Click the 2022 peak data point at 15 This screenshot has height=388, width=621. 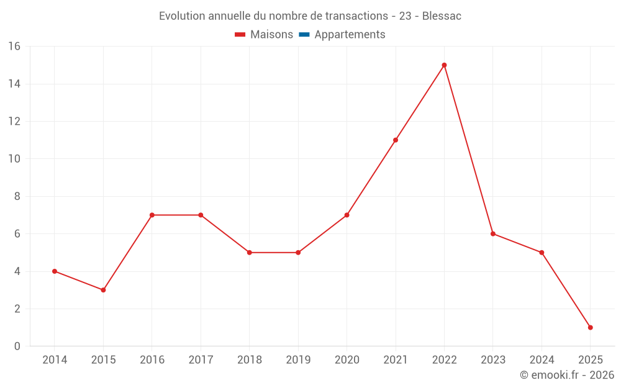pos(444,65)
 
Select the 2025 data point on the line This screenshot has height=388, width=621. pos(590,327)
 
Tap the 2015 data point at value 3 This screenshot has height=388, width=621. pos(103,290)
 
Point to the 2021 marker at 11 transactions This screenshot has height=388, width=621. pos(396,140)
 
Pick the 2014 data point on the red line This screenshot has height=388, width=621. pos(55,271)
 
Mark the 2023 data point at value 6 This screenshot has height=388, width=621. pos(493,233)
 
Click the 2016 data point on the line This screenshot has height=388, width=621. pos(152,215)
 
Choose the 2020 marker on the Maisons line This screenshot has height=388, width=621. pos(347,215)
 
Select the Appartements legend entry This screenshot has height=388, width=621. pos(350,35)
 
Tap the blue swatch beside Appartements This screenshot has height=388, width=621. pos(304,35)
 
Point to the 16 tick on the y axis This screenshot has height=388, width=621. pos(14,47)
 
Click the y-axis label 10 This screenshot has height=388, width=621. pos(14,159)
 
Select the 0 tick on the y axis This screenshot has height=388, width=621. pos(17,346)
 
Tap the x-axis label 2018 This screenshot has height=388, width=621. pos(249,360)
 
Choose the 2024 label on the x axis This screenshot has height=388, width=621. pos(542,360)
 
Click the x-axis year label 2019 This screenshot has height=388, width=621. pos(298,360)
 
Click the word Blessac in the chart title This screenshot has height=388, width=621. pos(442,16)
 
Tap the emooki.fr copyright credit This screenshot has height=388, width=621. pos(567,375)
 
